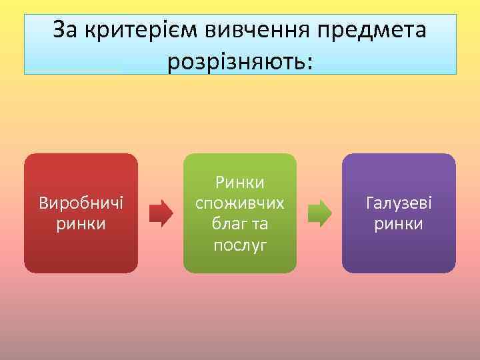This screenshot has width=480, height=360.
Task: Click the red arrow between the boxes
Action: coord(160,213)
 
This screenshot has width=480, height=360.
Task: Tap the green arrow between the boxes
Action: coord(319,213)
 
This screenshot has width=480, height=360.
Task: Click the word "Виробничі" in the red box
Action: coord(81,202)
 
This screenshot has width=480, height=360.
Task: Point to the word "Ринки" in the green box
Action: coord(240,181)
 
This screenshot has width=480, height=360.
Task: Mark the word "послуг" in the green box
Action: coord(240,245)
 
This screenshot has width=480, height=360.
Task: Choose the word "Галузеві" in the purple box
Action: coord(399,202)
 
